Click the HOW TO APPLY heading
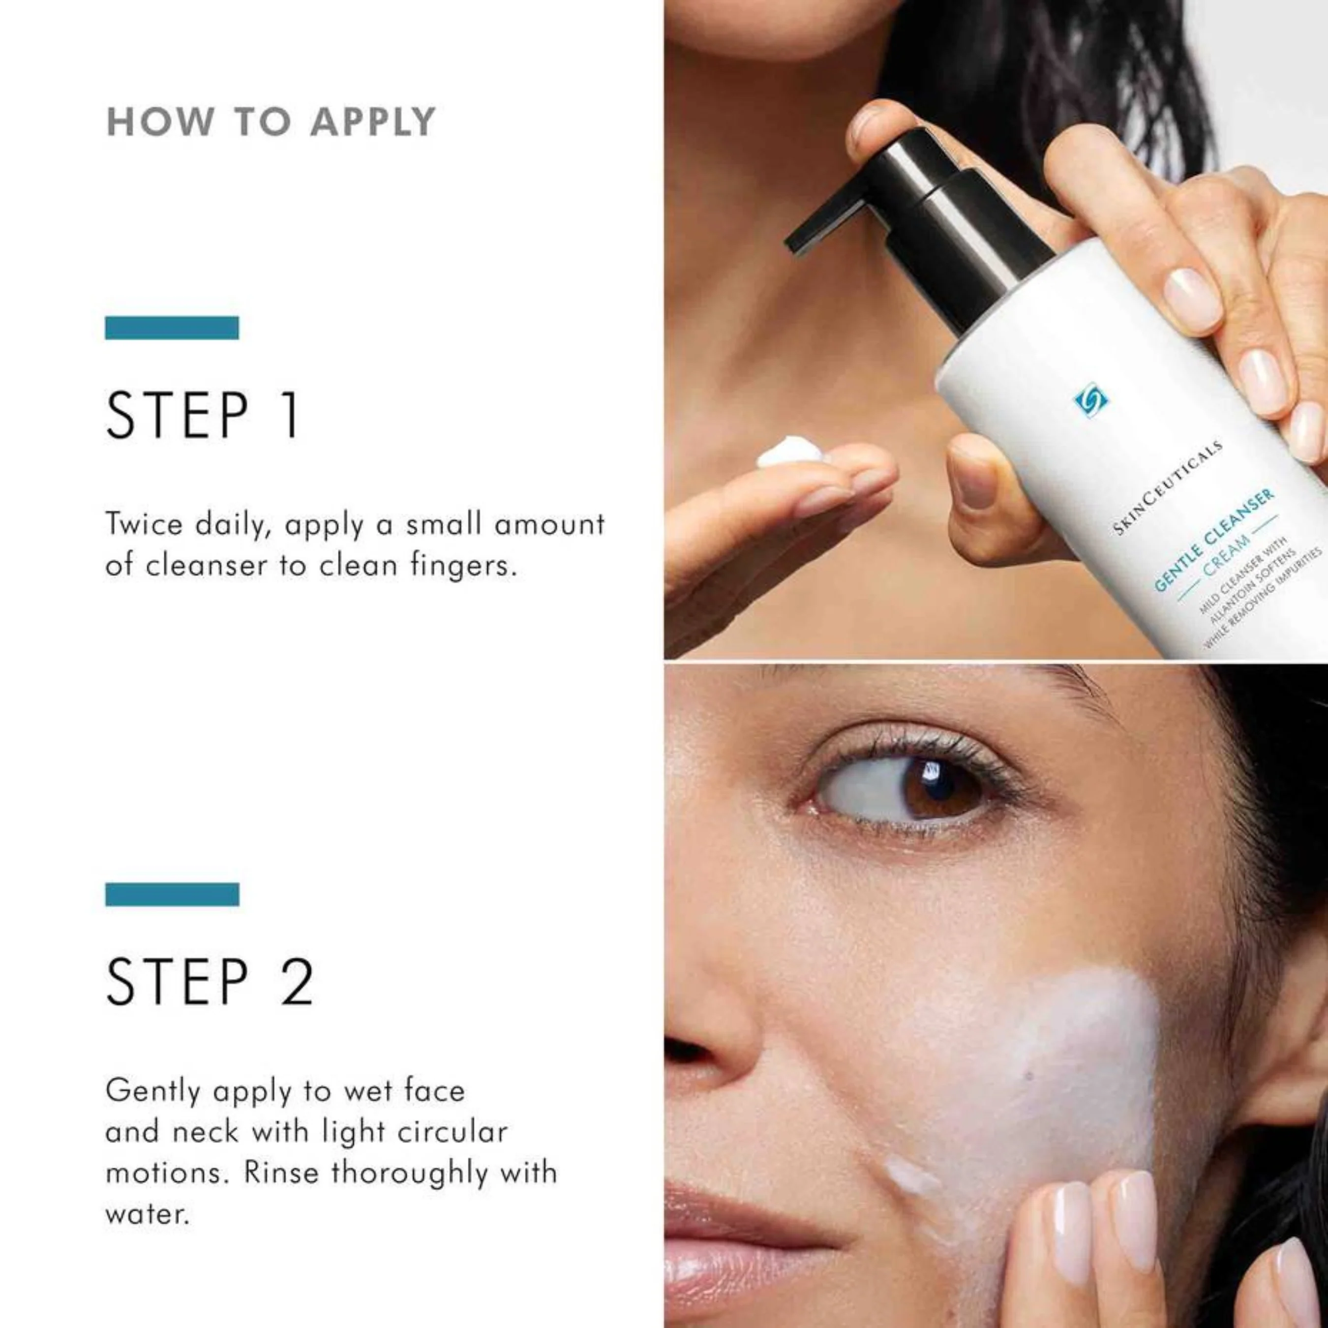point(271,122)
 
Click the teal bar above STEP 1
point(172,328)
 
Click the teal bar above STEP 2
point(172,894)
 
